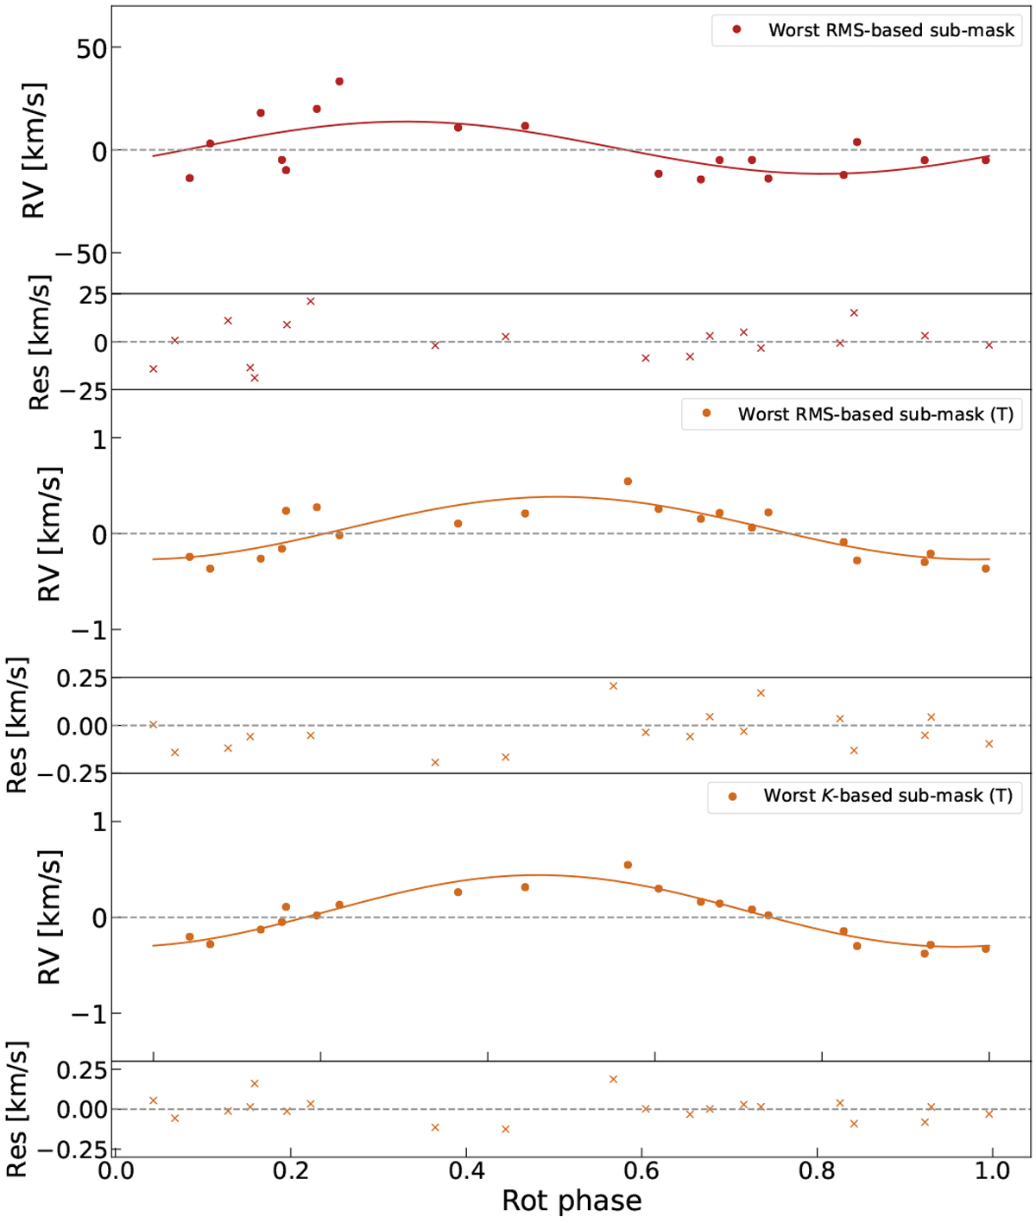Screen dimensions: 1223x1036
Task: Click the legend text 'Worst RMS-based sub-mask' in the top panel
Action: coord(891,30)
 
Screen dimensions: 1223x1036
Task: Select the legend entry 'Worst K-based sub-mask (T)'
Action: coord(888,796)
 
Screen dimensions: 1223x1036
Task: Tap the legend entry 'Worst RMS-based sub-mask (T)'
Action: coord(875,413)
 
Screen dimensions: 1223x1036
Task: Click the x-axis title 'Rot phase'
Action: coord(572,1201)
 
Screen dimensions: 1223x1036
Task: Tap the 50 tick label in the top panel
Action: coord(91,48)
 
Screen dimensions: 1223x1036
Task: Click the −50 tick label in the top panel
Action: coord(83,255)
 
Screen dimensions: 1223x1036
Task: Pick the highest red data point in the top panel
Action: coord(339,81)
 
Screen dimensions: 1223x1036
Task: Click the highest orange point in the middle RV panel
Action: coord(628,482)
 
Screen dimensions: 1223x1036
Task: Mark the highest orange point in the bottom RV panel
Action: coord(628,865)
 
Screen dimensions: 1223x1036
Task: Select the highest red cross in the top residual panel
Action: coord(311,301)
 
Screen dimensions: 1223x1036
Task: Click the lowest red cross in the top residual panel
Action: coord(255,378)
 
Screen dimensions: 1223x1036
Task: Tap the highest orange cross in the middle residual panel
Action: coord(614,686)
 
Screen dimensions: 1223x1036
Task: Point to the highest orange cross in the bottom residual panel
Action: coord(614,1079)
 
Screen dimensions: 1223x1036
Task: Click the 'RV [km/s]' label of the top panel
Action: coord(33,151)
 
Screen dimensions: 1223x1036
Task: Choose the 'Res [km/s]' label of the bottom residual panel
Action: coord(17,1109)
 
